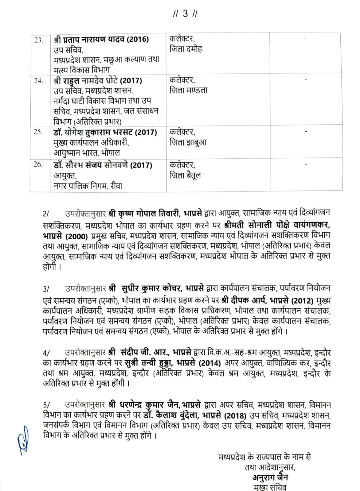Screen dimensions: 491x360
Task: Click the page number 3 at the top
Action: point(185,14)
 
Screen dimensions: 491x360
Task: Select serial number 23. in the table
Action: point(38,40)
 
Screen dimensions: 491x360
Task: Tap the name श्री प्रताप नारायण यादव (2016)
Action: point(101,40)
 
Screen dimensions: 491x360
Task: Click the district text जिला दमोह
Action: point(186,49)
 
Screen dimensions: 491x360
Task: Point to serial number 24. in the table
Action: point(38,81)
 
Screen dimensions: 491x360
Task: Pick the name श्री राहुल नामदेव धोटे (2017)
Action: point(98,81)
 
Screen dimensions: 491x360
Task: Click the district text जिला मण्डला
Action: point(188,90)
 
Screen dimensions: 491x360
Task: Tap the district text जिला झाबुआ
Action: point(188,142)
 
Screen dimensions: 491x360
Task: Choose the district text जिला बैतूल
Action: point(185,176)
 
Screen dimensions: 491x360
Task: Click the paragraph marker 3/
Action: point(46,289)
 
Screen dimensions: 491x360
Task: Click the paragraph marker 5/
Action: point(46,405)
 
